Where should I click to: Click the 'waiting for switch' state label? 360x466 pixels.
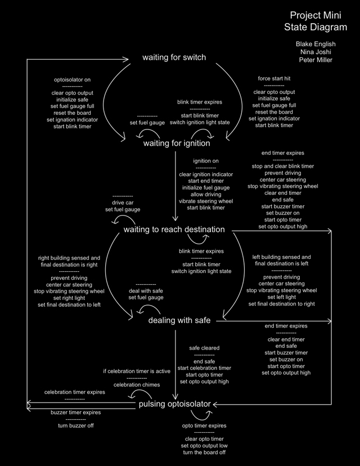(x=174, y=57)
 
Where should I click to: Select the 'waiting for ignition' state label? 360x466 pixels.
(x=177, y=143)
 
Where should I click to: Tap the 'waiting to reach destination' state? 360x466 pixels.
(x=174, y=230)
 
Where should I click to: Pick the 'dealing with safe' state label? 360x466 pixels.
(x=179, y=320)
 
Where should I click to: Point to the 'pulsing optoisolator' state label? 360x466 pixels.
(x=174, y=404)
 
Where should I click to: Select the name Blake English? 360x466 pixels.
(x=315, y=43)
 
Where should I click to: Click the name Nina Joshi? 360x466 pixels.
(x=315, y=52)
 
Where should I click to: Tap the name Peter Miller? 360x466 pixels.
(x=315, y=60)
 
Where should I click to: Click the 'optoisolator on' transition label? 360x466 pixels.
(x=72, y=79)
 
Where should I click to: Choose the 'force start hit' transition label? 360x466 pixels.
(x=274, y=79)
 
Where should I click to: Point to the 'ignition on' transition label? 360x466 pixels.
(x=206, y=161)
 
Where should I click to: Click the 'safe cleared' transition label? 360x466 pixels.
(x=204, y=348)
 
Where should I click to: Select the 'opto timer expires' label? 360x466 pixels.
(x=204, y=426)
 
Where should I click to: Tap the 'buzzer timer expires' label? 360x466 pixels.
(x=76, y=413)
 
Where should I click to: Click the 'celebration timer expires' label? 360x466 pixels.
(x=75, y=392)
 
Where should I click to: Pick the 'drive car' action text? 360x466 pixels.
(x=123, y=203)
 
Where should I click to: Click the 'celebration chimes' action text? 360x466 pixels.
(x=137, y=385)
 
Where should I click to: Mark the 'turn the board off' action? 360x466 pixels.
(x=204, y=452)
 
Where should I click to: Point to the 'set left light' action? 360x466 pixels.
(x=281, y=297)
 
